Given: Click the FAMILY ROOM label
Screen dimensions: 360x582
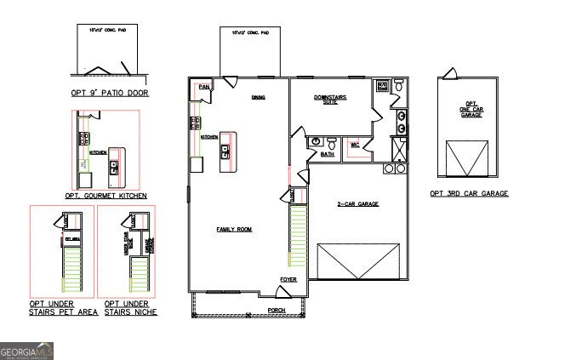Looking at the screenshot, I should pyautogui.click(x=235, y=230).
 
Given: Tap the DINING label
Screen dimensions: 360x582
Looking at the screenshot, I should pyautogui.click(x=258, y=98).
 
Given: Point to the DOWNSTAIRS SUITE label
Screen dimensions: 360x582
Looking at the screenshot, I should pyautogui.click(x=330, y=100).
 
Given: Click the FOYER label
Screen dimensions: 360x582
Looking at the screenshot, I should pyautogui.click(x=288, y=279).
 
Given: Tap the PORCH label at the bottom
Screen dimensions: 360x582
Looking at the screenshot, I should pyautogui.click(x=276, y=311).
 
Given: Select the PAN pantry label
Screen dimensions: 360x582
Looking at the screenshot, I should pyautogui.click(x=203, y=87).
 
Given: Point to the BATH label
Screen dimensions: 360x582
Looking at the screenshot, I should pyautogui.click(x=328, y=155).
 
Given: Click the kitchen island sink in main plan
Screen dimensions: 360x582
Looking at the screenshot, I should pyautogui.click(x=225, y=152).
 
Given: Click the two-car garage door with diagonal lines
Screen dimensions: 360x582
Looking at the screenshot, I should pyautogui.click(x=357, y=260).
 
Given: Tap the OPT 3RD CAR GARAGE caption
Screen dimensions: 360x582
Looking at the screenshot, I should pyautogui.click(x=469, y=194).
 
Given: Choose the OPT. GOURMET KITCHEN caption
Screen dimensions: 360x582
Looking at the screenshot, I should pyautogui.click(x=109, y=196).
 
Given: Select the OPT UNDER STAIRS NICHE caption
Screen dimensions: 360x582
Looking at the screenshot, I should pyautogui.click(x=131, y=308).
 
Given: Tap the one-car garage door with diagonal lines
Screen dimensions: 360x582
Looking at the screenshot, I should pyautogui.click(x=467, y=159).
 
